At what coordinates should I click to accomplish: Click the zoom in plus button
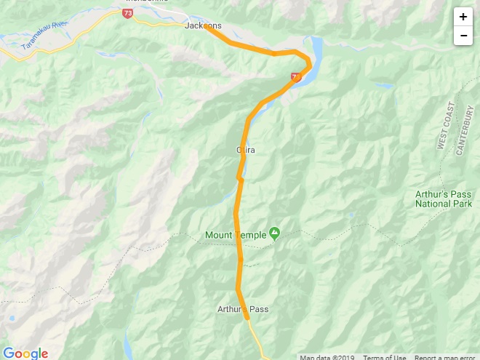click(x=463, y=17)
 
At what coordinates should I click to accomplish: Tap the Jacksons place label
click(x=203, y=25)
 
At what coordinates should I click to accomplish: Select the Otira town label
click(x=246, y=150)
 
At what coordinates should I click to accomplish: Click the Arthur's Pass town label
click(x=243, y=309)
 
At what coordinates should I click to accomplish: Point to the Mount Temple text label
click(x=235, y=235)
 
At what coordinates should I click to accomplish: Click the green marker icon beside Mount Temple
click(x=274, y=233)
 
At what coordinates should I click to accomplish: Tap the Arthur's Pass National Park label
click(x=444, y=199)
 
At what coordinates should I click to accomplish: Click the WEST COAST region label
click(x=445, y=126)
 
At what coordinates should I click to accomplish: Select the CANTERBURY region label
click(x=465, y=131)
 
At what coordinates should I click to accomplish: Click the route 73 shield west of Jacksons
click(x=128, y=13)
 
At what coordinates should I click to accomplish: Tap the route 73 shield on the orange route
click(x=296, y=76)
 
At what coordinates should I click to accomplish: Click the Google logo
click(x=25, y=353)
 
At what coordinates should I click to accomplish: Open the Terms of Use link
click(x=385, y=357)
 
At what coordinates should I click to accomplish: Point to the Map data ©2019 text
click(x=329, y=357)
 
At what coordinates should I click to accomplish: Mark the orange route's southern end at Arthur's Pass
click(x=247, y=317)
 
